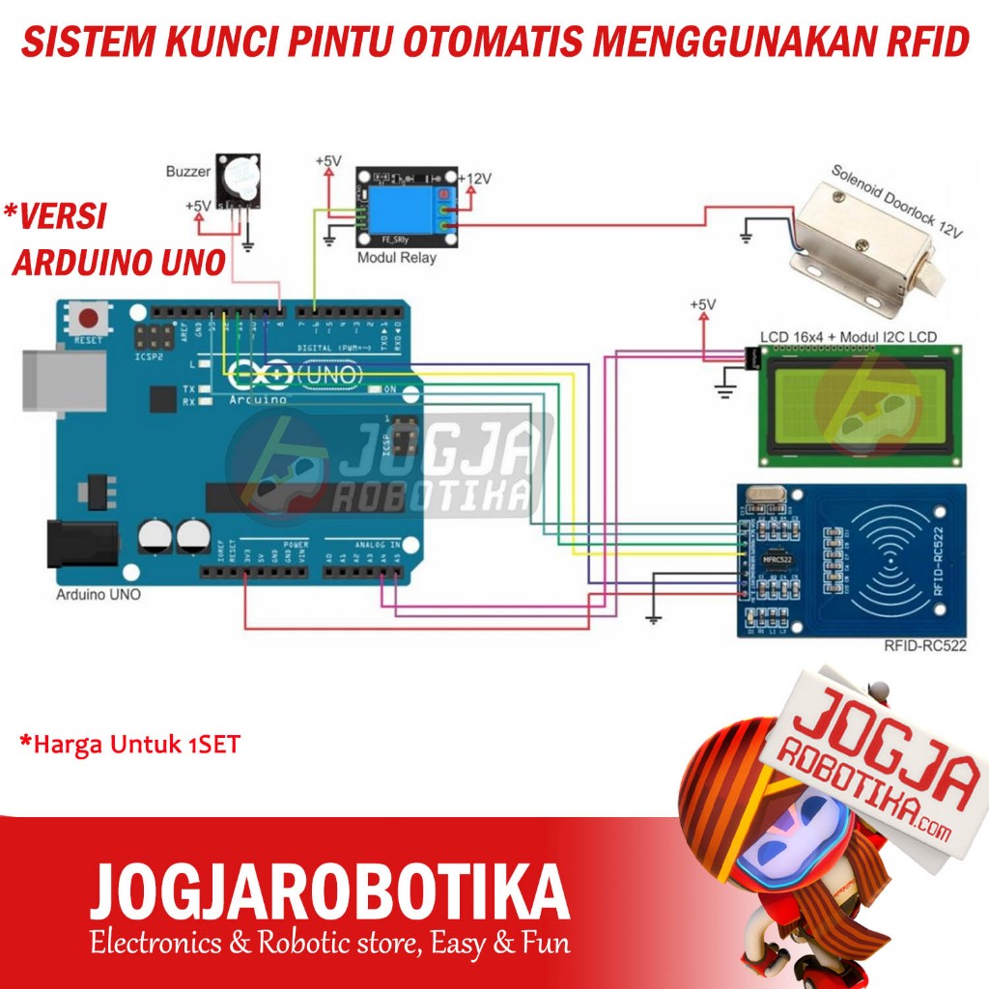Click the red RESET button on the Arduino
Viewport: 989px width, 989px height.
tap(91, 319)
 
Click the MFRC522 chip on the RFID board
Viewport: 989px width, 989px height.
tap(777, 558)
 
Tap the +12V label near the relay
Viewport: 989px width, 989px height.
tap(475, 179)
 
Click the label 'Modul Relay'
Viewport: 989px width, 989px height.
tap(397, 258)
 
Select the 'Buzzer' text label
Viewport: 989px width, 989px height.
tap(187, 172)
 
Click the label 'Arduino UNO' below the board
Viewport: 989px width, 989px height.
tap(98, 595)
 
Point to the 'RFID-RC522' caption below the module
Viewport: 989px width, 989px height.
tap(924, 646)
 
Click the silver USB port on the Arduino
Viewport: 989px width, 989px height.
tap(64, 379)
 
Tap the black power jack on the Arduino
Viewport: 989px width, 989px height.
tap(81, 543)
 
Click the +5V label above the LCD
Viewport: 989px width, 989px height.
tap(703, 305)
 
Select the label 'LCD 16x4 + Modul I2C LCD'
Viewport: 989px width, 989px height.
tap(848, 337)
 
